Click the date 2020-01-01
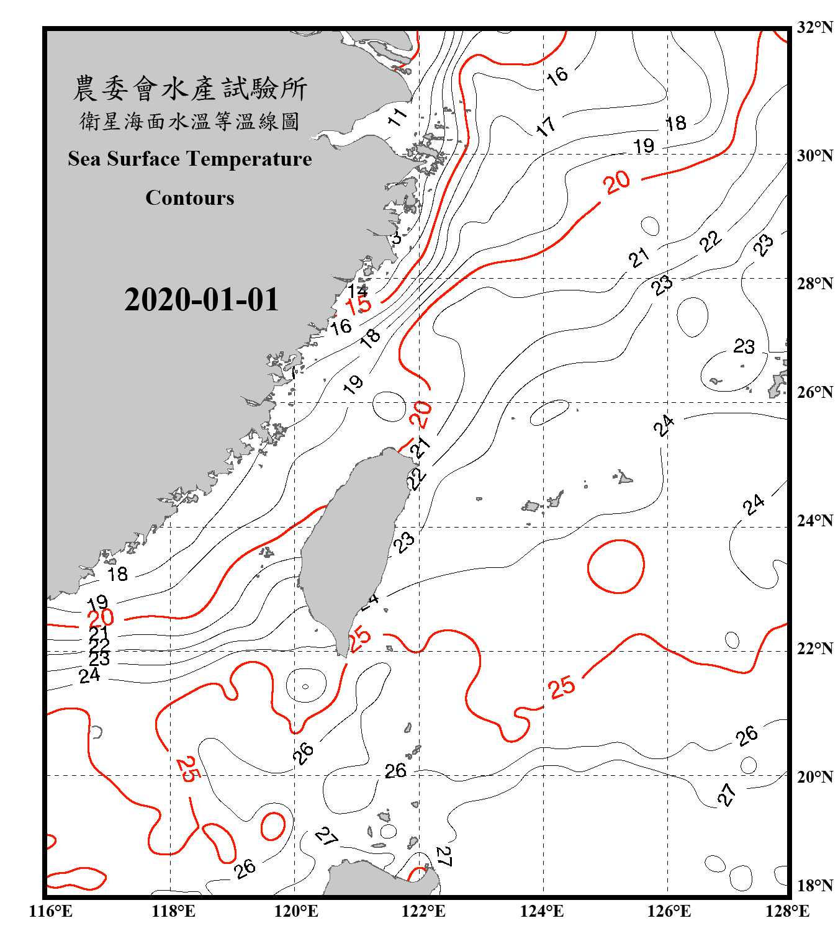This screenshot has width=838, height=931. coord(201,300)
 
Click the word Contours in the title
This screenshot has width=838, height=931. coord(190,198)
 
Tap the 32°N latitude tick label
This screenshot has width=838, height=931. coord(814,27)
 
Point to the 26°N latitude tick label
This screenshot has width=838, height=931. coord(814,392)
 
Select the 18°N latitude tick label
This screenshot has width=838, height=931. coord(814,886)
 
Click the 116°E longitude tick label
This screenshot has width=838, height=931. coord(51,911)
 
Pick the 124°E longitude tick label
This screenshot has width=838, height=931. coord(542,911)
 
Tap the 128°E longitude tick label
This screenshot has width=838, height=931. coord(787,911)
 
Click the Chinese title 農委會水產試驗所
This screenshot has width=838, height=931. coord(190,89)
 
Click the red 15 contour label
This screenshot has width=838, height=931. coord(358,305)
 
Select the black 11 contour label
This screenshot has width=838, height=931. coord(397,116)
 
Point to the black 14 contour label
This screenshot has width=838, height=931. coord(358,290)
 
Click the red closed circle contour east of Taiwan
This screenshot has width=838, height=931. coord(616,566)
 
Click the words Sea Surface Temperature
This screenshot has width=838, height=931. coord(190,160)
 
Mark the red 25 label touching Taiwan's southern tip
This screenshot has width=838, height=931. coord(359,639)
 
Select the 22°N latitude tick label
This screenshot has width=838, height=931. coord(814,649)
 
